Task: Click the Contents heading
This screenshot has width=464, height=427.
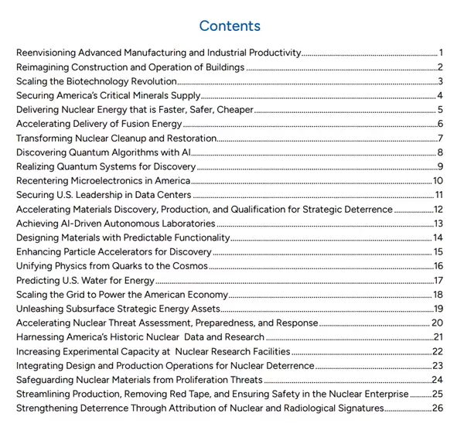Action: tap(230, 26)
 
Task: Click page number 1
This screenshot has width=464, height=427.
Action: tap(439, 53)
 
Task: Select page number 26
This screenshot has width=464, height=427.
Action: tap(437, 408)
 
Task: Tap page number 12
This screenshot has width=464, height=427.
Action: tap(437, 210)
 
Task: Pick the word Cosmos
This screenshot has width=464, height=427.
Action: tap(189, 266)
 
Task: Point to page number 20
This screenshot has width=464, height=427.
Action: tap(437, 323)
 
